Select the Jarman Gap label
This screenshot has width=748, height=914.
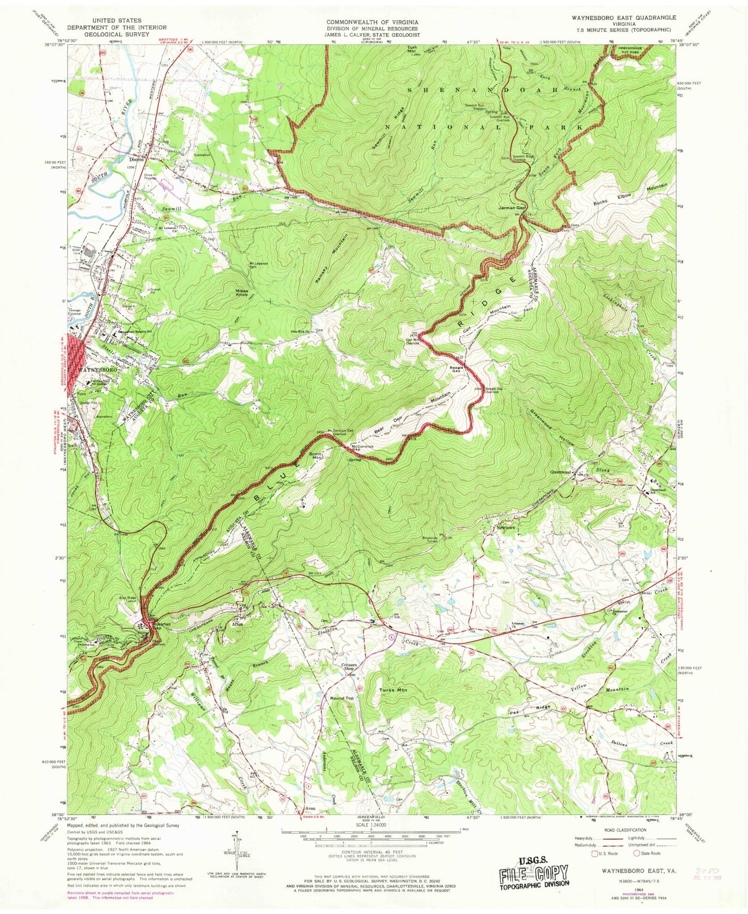tap(510, 208)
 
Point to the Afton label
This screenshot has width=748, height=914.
tap(237, 624)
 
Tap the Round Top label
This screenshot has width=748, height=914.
tap(342, 698)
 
